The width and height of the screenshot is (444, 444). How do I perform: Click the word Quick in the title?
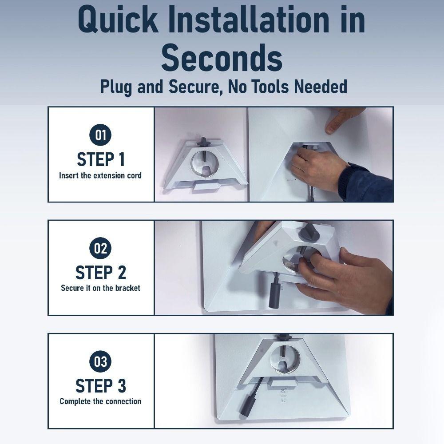pyautogui.click(x=118, y=20)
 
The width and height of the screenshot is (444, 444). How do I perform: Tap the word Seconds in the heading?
pyautogui.click(x=222, y=58)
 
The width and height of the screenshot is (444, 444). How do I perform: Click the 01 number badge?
pyautogui.click(x=100, y=135)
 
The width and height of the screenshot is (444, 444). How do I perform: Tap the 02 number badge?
pyautogui.click(x=100, y=248)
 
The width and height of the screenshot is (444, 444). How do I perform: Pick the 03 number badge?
pyautogui.click(x=100, y=361)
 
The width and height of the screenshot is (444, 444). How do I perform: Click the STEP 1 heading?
pyautogui.click(x=101, y=159)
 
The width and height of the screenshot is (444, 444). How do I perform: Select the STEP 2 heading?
pyautogui.click(x=101, y=273)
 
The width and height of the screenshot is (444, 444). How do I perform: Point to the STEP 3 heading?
pyautogui.click(x=101, y=386)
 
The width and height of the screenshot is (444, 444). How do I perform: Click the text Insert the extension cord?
pyautogui.click(x=100, y=175)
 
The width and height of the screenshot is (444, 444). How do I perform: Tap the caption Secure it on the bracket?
pyautogui.click(x=100, y=288)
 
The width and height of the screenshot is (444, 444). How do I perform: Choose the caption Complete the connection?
pyautogui.click(x=100, y=401)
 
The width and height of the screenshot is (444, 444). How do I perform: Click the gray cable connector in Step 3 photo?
pyautogui.click(x=246, y=404)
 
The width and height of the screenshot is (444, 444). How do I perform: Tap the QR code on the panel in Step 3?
pyautogui.click(x=283, y=400)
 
